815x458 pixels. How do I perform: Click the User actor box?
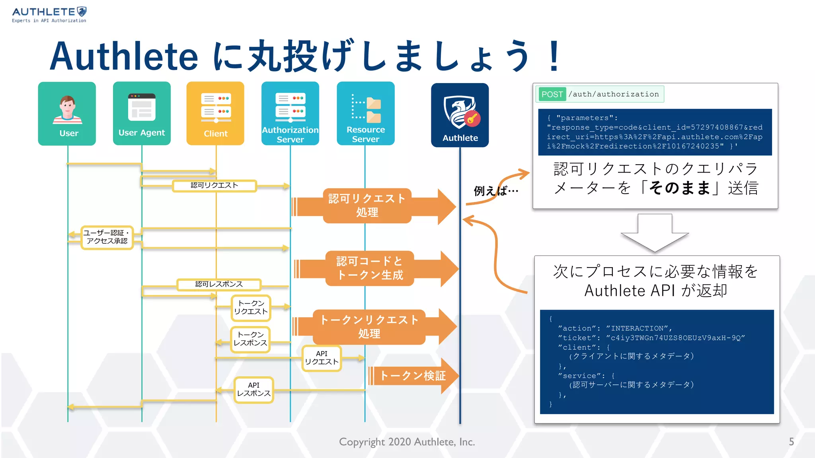click(x=67, y=114)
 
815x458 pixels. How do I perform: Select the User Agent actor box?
click(x=142, y=114)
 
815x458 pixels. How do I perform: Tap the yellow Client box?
click(x=215, y=114)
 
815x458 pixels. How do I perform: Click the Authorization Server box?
click(x=290, y=114)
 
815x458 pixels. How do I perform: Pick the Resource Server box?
click(x=365, y=114)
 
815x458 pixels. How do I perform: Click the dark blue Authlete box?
click(x=460, y=115)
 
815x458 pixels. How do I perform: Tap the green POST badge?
click(x=552, y=94)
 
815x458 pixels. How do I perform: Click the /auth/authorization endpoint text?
click(x=613, y=94)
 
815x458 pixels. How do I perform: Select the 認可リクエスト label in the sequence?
click(x=214, y=186)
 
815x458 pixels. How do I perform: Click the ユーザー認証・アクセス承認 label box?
click(x=107, y=237)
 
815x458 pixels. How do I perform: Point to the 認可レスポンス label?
click(x=219, y=284)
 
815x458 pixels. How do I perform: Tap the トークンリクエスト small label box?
click(x=251, y=308)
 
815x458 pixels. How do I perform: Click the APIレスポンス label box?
click(x=253, y=390)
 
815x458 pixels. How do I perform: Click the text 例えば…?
click(x=495, y=191)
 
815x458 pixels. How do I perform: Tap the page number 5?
click(x=791, y=442)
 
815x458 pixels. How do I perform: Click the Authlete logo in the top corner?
click(x=49, y=15)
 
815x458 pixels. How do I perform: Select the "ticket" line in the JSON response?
click(x=651, y=338)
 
